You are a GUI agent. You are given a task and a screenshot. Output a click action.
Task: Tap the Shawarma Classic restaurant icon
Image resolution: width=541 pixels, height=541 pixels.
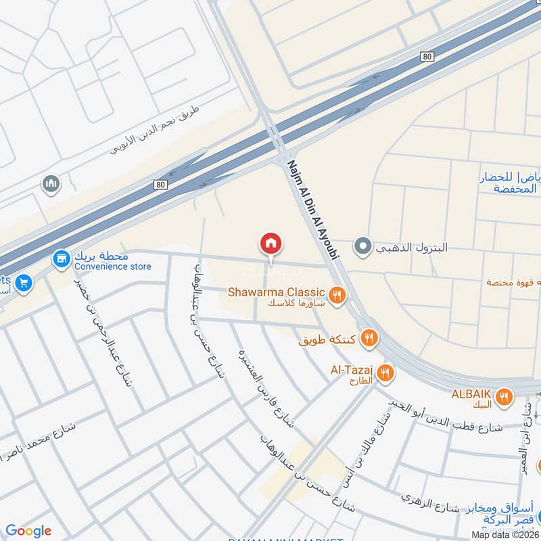337,295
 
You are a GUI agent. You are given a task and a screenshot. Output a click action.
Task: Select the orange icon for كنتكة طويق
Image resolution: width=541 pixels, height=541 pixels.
369,337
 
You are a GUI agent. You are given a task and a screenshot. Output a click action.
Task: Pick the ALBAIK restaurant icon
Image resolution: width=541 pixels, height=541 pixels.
502,398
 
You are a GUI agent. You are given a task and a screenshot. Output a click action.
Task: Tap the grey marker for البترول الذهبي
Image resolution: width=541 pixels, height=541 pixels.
363,247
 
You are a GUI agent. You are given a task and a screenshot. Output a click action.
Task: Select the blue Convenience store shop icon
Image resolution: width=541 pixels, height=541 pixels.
62,258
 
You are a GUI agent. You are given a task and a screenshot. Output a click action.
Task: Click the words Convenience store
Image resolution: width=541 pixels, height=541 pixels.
113,266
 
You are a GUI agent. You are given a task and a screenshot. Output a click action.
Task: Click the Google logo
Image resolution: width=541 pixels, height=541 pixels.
28,531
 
